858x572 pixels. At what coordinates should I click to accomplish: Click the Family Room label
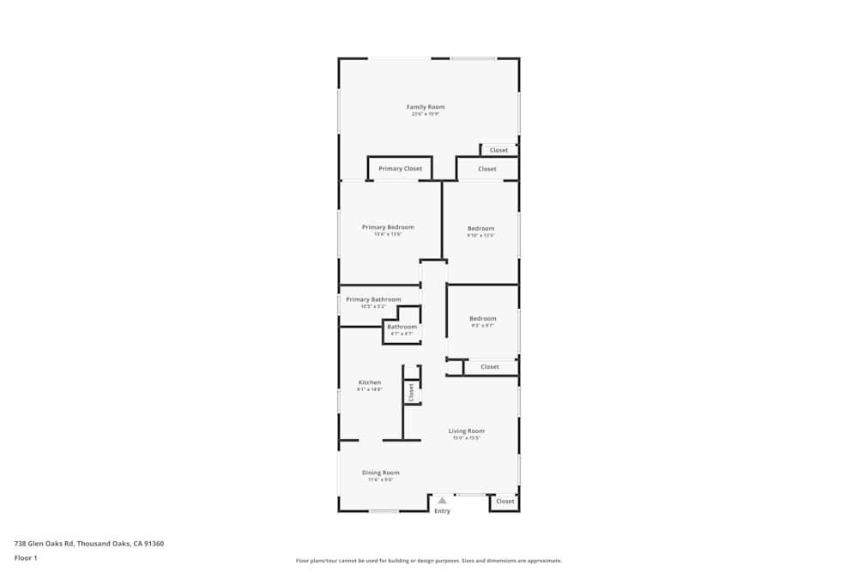(x=426, y=107)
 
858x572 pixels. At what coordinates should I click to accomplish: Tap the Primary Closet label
(x=400, y=169)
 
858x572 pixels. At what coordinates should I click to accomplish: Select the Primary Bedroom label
(x=388, y=227)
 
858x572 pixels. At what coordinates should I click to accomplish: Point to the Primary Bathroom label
(x=373, y=299)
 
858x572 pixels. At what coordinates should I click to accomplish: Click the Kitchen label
(x=370, y=382)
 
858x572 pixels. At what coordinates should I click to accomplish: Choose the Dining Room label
(x=380, y=473)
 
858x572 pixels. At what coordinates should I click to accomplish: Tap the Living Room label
(x=467, y=431)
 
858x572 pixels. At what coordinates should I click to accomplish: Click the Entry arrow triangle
(x=442, y=500)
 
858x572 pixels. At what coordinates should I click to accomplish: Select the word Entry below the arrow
(x=442, y=511)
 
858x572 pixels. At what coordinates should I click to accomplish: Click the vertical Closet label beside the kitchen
(x=412, y=392)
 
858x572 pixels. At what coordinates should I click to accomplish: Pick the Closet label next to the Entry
(x=505, y=502)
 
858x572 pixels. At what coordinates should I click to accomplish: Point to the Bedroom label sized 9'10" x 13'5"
(x=480, y=228)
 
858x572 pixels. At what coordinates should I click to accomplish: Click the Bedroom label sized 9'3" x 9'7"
(x=482, y=319)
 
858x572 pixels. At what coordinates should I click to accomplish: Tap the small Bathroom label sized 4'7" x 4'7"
(x=402, y=327)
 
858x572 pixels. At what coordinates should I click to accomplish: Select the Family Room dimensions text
(x=426, y=114)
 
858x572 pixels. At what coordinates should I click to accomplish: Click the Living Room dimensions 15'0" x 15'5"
(x=467, y=438)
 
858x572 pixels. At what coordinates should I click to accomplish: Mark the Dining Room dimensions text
(x=380, y=479)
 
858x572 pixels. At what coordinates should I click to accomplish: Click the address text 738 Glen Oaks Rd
(x=88, y=543)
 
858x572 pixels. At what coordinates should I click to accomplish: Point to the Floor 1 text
(x=26, y=557)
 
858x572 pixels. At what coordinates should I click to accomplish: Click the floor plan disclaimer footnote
(x=429, y=561)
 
